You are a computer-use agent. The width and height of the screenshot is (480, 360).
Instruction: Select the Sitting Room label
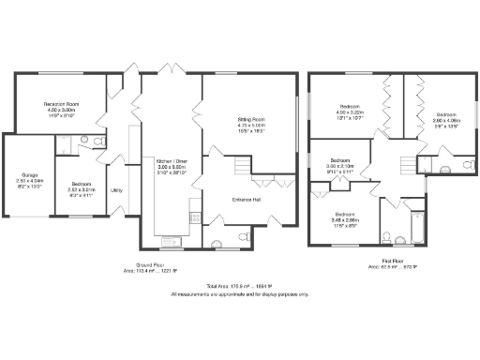tap(250, 126)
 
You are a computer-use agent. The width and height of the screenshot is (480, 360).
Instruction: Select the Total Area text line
tap(239, 286)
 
